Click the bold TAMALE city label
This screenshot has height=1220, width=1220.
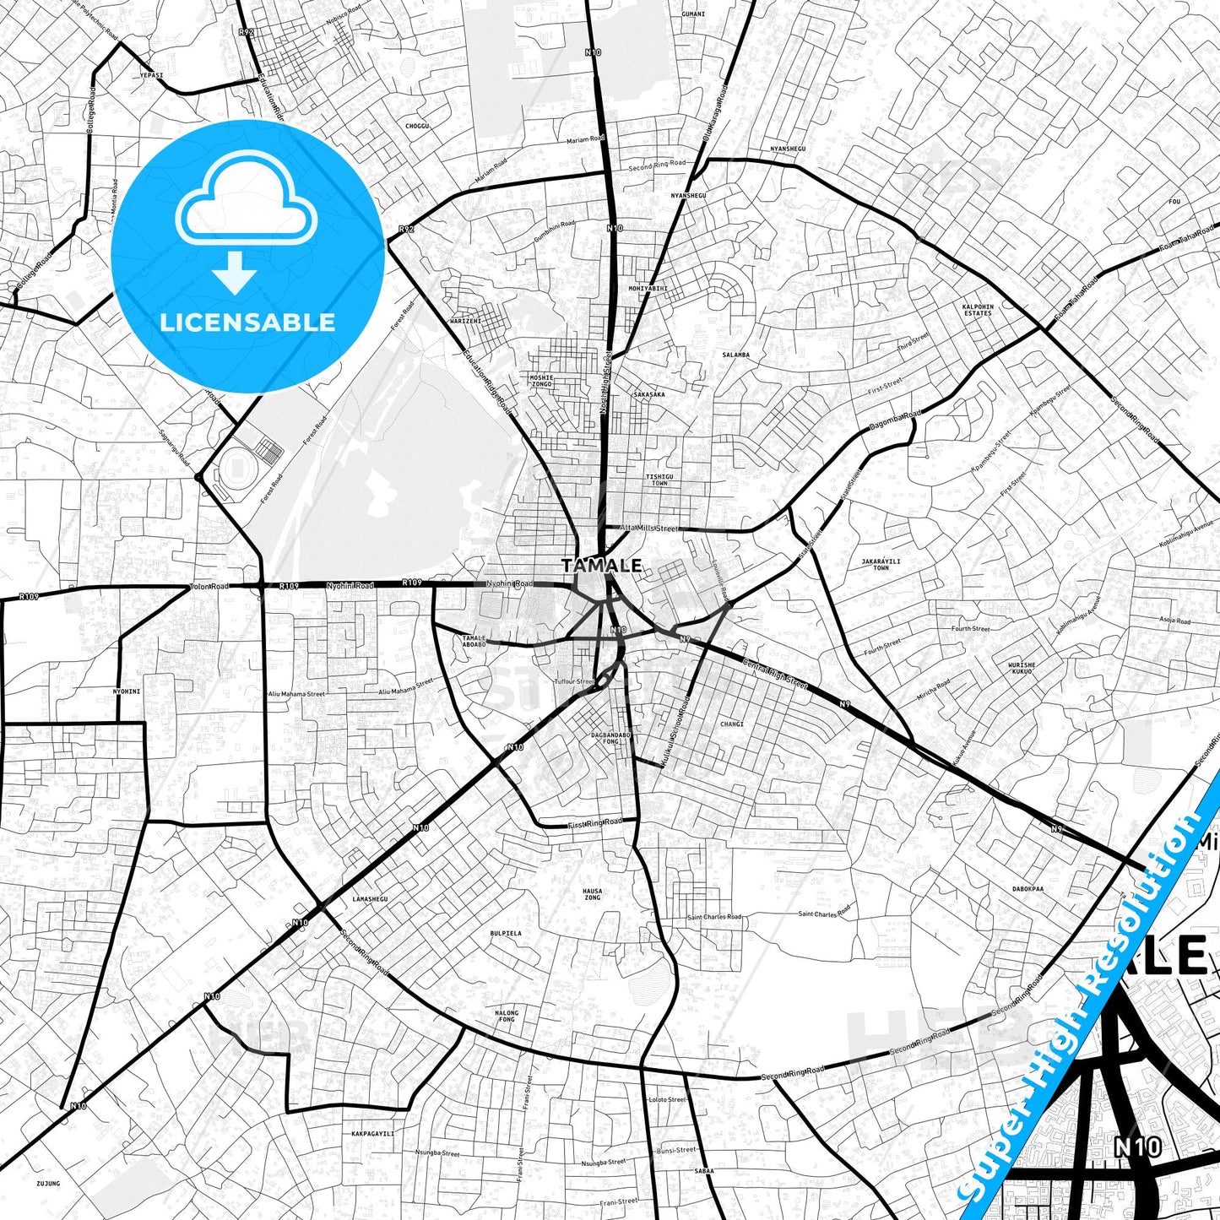click(601, 566)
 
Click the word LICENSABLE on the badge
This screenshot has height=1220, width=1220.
click(247, 322)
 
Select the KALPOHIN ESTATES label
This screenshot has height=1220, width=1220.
click(978, 310)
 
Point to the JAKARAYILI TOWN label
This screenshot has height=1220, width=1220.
click(881, 564)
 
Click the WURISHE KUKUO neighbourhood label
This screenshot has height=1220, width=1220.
click(1022, 668)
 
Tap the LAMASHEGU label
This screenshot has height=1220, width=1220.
click(370, 899)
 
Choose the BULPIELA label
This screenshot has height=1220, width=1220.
click(506, 934)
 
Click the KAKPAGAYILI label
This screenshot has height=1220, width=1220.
click(373, 1134)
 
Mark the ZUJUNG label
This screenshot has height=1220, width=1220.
click(49, 1184)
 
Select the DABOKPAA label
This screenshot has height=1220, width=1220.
click(1028, 889)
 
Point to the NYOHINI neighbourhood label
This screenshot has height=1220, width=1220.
click(127, 691)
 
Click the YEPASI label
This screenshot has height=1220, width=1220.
click(152, 75)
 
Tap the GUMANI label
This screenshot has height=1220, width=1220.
click(693, 14)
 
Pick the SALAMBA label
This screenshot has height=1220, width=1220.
click(735, 355)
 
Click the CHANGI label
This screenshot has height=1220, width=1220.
click(732, 724)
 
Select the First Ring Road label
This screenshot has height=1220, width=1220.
click(595, 823)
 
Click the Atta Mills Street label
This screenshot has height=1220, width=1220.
click(648, 529)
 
